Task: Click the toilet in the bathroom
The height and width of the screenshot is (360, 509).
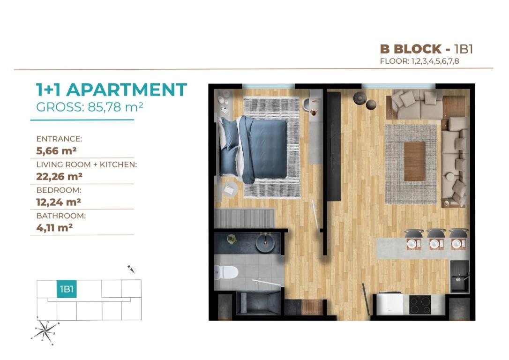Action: coord(226,272)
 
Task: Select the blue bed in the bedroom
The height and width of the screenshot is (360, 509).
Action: coord(253,149)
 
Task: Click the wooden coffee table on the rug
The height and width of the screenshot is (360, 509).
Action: coord(414,161)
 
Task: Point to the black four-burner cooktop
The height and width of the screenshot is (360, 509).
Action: coord(420,305)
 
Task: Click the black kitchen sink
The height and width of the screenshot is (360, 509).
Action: coord(459,276)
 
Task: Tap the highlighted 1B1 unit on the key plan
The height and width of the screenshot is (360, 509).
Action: coord(67,289)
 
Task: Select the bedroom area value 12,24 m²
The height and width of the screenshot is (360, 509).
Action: coord(59,202)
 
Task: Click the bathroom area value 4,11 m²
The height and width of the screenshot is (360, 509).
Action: coord(54,227)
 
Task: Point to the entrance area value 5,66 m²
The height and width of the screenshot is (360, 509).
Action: coord(56,150)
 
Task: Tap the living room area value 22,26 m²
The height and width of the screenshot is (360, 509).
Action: coord(59,176)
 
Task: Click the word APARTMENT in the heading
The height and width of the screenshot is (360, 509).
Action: coord(127,90)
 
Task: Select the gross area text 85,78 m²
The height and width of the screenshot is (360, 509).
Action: coord(115,107)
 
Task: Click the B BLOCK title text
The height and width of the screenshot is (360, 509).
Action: coord(411,49)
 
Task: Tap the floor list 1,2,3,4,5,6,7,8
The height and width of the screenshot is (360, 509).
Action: coord(435,61)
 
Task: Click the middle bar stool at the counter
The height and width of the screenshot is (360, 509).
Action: coord(436,233)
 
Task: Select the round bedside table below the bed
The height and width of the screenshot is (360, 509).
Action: coord(230,190)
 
